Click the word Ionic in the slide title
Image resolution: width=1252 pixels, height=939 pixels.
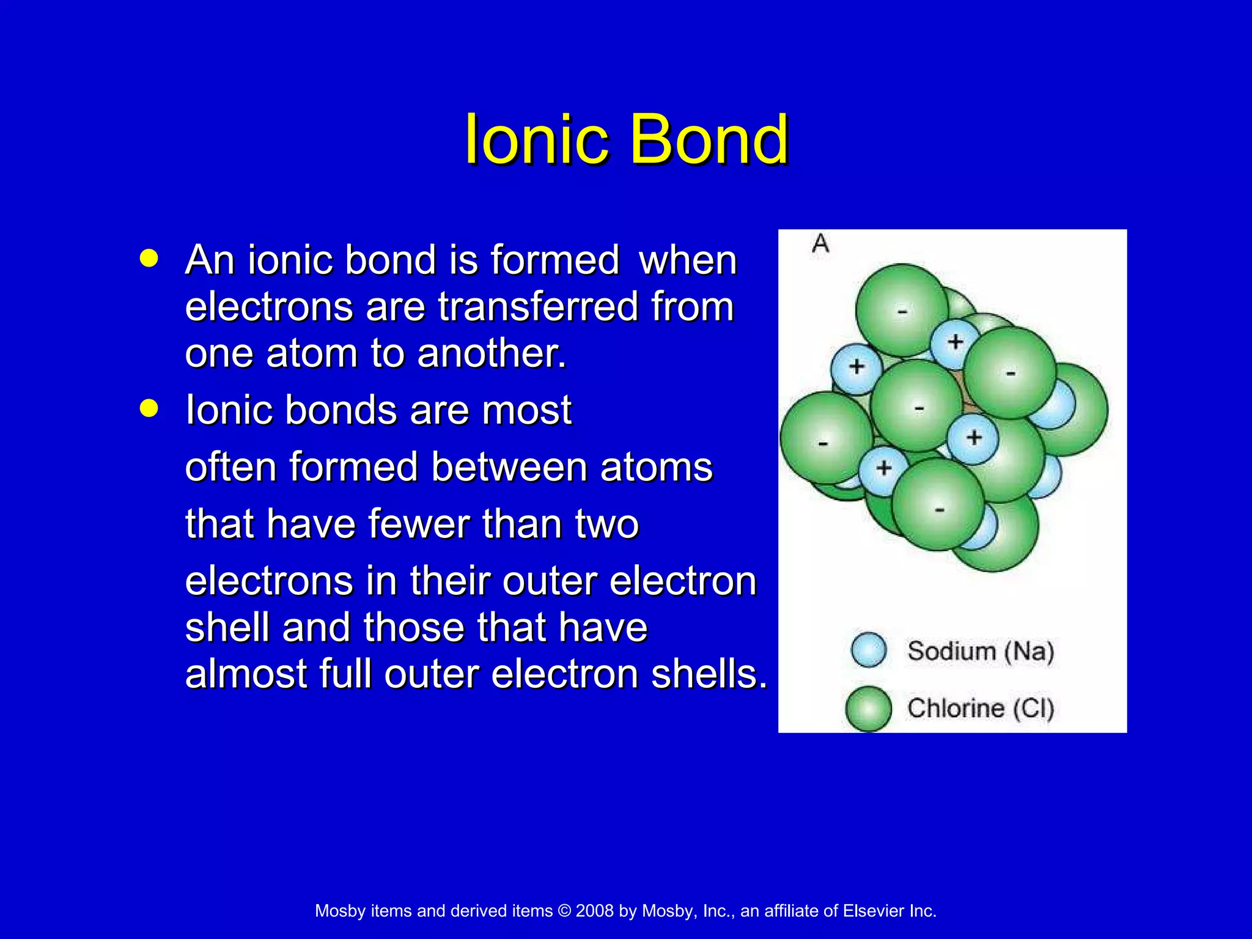(537, 140)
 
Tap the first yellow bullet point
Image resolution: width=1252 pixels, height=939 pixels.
(149, 258)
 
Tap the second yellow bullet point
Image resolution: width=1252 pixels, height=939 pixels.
(149, 408)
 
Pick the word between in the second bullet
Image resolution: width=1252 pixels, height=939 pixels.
(509, 467)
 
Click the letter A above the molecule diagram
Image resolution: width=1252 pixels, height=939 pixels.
(820, 244)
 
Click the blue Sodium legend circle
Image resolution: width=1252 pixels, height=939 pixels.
(869, 650)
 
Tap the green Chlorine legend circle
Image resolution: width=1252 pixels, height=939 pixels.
(868, 709)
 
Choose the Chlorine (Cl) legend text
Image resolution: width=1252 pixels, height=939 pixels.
(981, 709)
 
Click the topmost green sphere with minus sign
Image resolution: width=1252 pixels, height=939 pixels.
(902, 310)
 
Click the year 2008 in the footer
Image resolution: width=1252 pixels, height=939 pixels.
(594, 911)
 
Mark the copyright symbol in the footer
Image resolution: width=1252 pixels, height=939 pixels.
(564, 911)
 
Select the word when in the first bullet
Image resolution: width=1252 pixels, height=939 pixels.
(687, 260)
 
